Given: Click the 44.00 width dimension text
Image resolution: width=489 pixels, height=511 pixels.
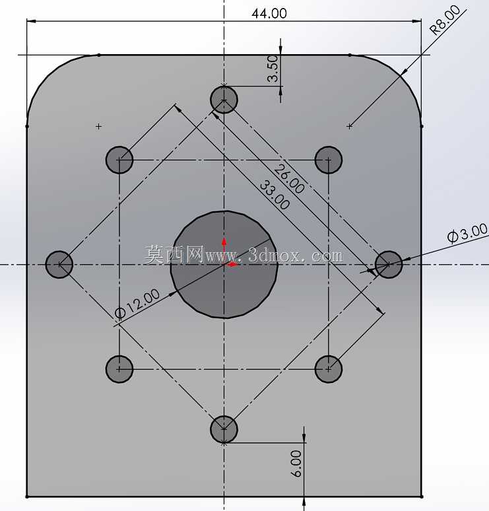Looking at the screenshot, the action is (269, 13).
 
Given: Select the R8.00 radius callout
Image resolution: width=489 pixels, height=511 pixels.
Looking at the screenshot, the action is (445, 20).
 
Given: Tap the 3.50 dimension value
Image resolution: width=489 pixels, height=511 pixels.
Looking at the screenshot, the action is (273, 68).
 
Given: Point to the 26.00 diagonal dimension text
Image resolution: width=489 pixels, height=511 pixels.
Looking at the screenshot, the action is (289, 179).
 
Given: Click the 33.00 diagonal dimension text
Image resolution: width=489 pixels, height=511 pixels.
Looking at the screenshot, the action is (275, 195).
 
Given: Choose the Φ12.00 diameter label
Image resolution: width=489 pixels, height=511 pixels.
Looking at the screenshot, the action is (137, 304).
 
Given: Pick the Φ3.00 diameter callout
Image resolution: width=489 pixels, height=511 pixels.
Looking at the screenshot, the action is (467, 233).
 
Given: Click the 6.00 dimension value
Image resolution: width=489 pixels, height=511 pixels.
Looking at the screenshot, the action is (296, 463).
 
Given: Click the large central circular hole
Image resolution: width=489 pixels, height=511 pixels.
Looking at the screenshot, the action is (224, 264).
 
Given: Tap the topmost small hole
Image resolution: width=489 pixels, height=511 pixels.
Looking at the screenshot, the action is (224, 100).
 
